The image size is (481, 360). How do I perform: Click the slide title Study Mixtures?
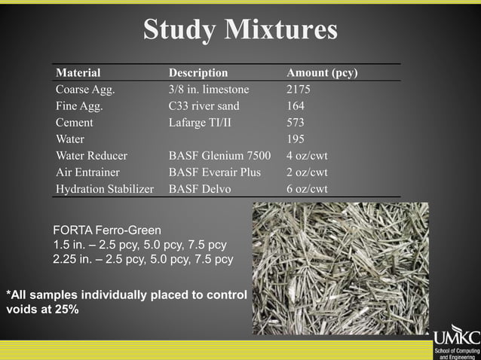[240, 29]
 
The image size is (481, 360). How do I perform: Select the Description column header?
[198, 73]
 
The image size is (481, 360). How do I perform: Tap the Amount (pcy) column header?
[322, 73]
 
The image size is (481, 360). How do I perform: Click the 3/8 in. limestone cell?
[208, 90]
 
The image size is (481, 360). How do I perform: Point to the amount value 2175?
[299, 90]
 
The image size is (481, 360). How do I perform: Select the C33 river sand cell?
[204, 106]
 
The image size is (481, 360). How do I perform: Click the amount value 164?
[296, 106]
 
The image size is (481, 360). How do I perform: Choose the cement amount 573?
[296, 123]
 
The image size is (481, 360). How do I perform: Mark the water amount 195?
[296, 139]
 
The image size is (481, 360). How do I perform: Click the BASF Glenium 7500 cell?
[219, 156]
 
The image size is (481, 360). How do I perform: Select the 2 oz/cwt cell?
[307, 172]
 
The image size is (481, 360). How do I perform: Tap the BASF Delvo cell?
[200, 189]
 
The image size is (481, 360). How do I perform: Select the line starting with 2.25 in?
[142, 259]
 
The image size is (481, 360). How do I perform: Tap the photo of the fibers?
[340, 268]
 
